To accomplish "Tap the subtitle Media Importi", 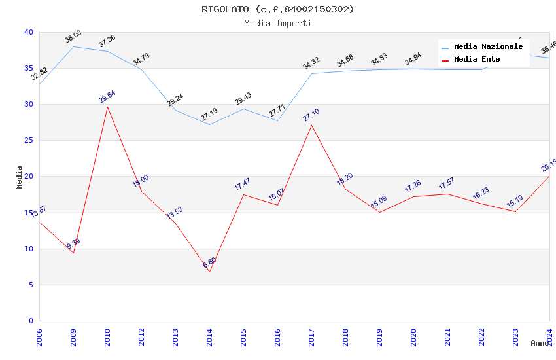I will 278,23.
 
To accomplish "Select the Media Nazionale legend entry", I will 488,47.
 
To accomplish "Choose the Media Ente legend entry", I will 477,60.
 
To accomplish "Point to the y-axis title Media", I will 20,177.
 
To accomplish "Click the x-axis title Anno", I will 540,343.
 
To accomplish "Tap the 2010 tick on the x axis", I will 107,338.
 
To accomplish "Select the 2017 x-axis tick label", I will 311,338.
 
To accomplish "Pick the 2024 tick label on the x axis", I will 549,338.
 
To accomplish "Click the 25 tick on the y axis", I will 29,141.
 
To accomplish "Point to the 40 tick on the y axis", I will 29,32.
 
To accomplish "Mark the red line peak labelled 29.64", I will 107,107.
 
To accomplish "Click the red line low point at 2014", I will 209,272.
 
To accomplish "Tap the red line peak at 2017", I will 311,125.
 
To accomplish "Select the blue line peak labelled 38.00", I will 73,46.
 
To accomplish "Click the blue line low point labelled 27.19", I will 209,124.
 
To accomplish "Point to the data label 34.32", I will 311,63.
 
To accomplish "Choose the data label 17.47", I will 243,184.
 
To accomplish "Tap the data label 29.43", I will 243,98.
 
